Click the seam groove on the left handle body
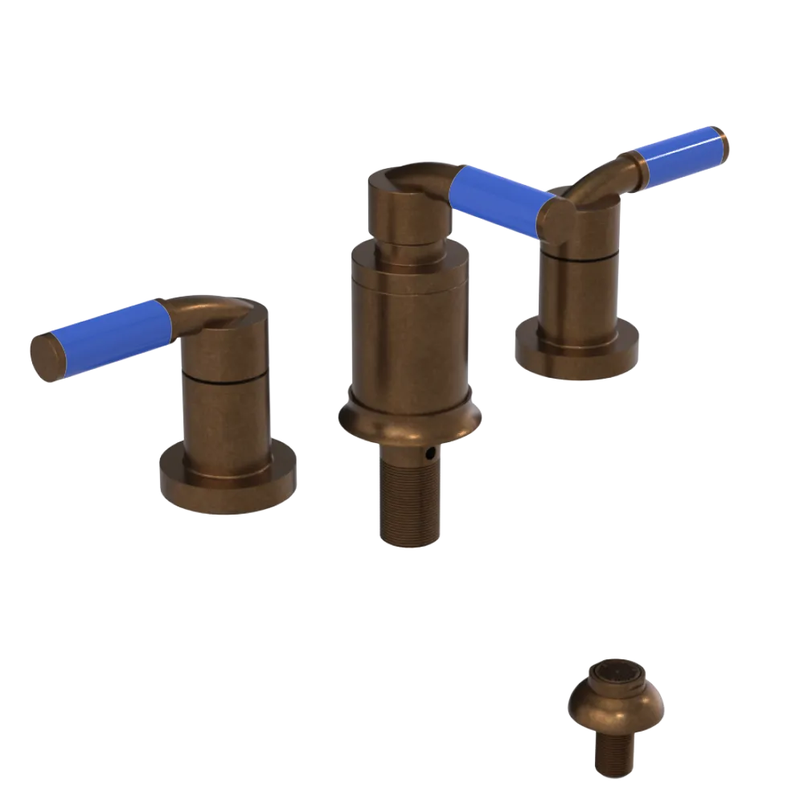[x=225, y=377]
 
